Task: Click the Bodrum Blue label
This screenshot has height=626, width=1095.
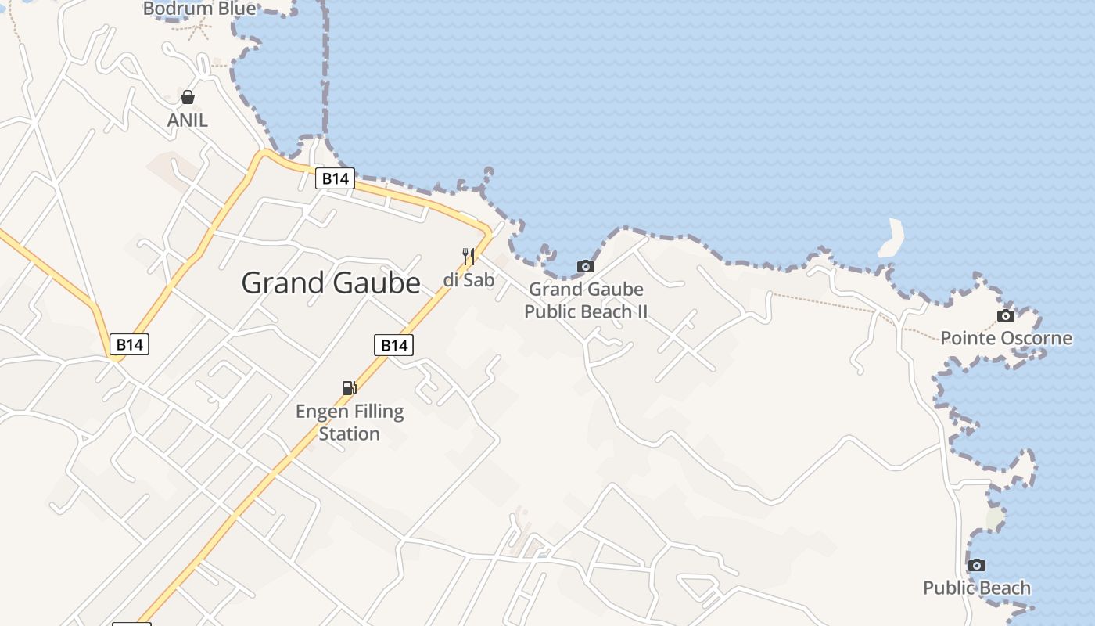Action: pyautogui.click(x=200, y=9)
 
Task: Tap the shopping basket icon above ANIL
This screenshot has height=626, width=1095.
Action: pyautogui.click(x=188, y=97)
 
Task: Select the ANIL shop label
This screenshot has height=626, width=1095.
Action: pyautogui.click(x=188, y=120)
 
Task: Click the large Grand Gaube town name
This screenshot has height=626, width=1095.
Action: pyautogui.click(x=331, y=282)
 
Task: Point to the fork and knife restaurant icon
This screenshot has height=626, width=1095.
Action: pyautogui.click(x=469, y=256)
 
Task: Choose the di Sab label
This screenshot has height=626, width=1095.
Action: pyautogui.click(x=469, y=279)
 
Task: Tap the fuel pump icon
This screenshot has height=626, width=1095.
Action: pyautogui.click(x=350, y=387)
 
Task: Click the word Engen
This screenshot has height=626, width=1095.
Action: pyautogui.click(x=321, y=412)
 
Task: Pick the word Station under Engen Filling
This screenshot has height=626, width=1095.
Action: pyautogui.click(x=349, y=434)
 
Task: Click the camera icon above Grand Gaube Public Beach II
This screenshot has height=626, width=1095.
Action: pyautogui.click(x=585, y=267)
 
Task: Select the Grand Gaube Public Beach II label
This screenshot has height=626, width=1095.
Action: pyautogui.click(x=586, y=300)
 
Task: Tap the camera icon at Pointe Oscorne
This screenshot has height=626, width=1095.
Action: pyautogui.click(x=1006, y=316)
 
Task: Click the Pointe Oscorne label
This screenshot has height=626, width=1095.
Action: pyautogui.click(x=1006, y=338)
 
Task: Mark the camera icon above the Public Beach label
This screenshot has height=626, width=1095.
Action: pyautogui.click(x=976, y=565)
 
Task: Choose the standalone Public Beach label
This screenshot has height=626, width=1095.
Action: pyautogui.click(x=977, y=588)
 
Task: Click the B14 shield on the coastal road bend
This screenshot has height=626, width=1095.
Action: pyautogui.click(x=335, y=178)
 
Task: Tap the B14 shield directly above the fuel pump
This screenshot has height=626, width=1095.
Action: pyautogui.click(x=393, y=345)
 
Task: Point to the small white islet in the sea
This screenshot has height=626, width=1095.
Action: pyautogui.click(x=892, y=239)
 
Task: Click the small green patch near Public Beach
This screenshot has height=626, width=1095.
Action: pyautogui.click(x=995, y=518)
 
